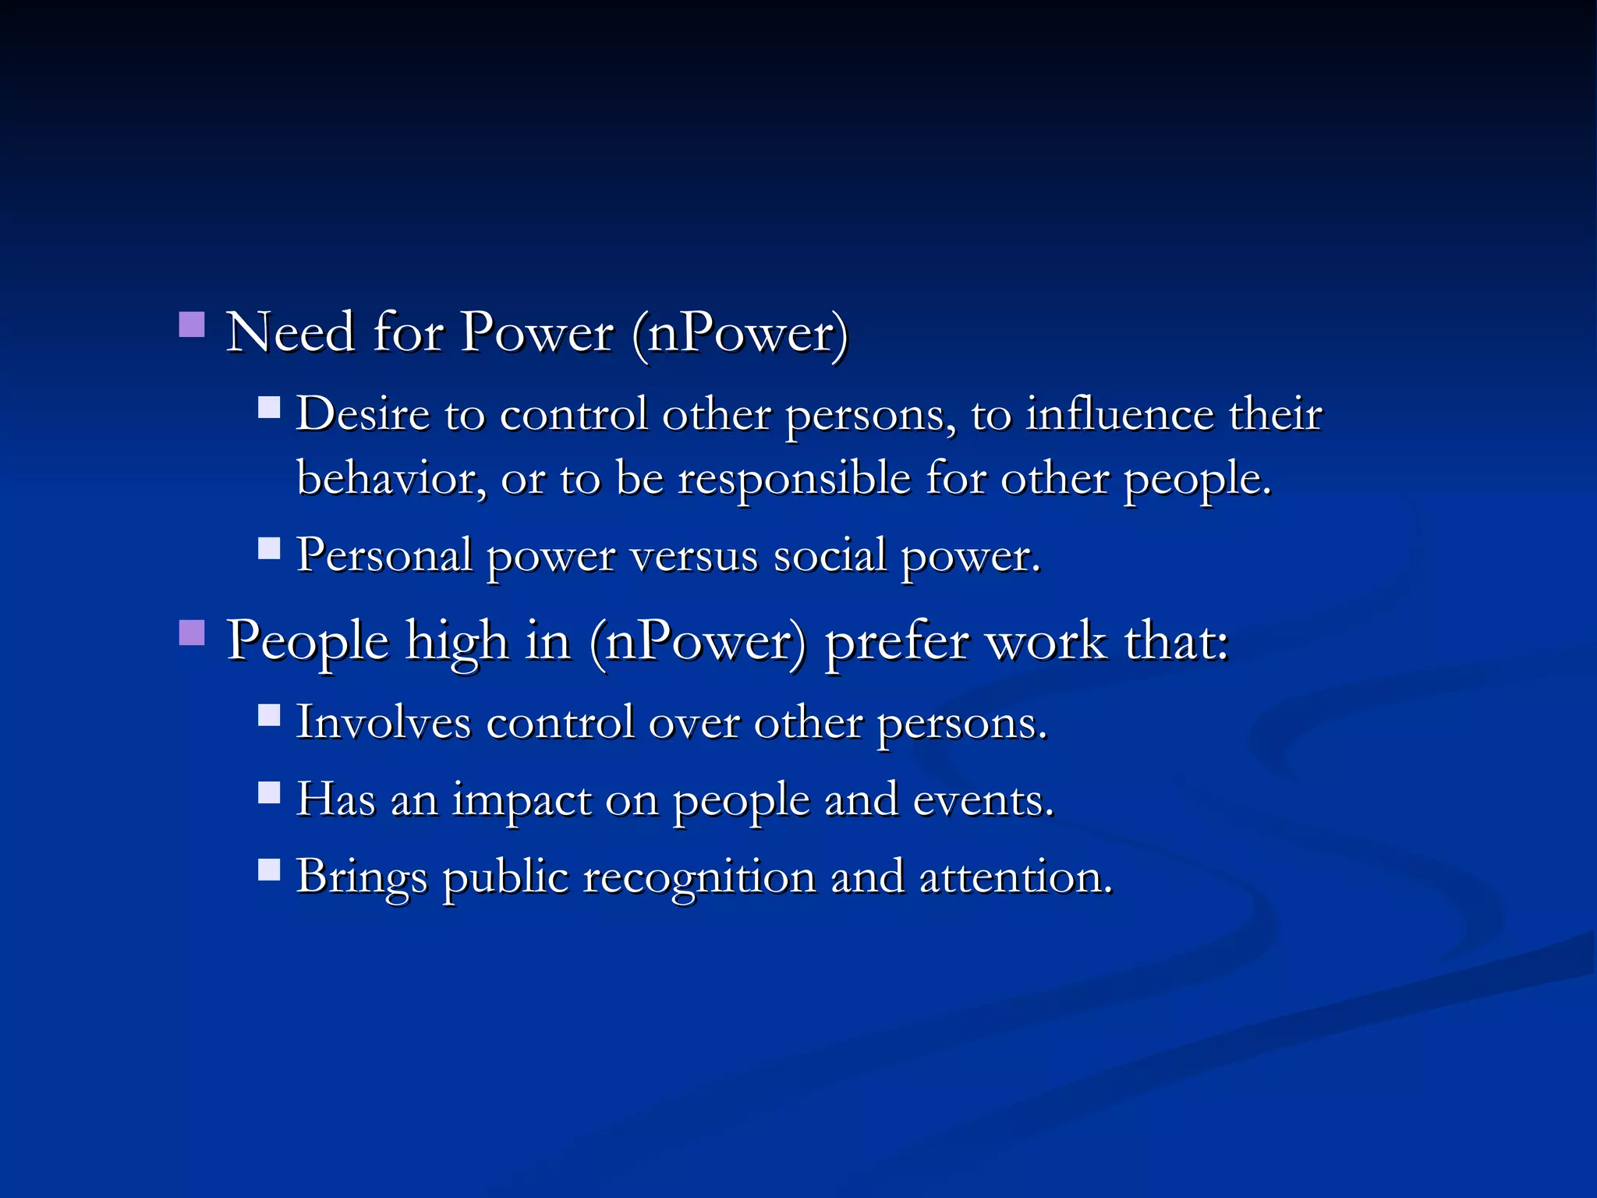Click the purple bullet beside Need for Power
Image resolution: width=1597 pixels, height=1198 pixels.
coord(192,324)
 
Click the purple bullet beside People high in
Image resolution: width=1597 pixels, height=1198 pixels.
coord(192,633)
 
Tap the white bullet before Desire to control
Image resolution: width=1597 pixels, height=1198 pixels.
coord(269,408)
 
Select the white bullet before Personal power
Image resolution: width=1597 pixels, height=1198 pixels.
coord(269,549)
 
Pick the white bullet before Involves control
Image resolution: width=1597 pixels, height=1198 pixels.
coord(269,715)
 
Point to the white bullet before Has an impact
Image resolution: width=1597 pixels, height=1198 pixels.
coord(269,793)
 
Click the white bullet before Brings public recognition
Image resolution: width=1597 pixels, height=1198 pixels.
coord(269,870)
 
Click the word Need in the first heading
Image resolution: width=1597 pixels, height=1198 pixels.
coord(291,333)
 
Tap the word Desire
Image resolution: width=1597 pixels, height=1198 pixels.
coord(363,414)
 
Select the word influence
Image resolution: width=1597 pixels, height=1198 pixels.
coord(1119,414)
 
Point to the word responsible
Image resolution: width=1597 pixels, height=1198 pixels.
coord(794,478)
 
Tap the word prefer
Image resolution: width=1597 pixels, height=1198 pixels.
coord(897,643)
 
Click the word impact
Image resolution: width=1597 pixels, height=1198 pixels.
coord(522,801)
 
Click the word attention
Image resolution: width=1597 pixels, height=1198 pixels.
coord(1015,877)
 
